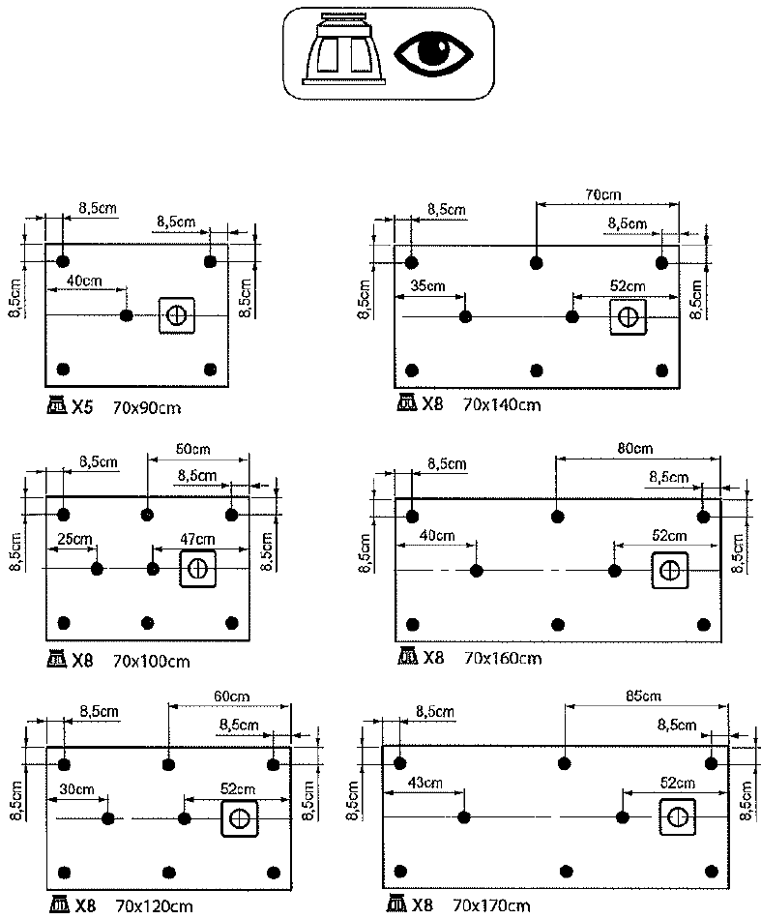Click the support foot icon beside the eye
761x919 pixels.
(x=344, y=49)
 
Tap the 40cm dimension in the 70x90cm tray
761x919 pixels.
(x=84, y=281)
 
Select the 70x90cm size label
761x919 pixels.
(x=146, y=408)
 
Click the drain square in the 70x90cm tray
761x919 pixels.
(x=176, y=315)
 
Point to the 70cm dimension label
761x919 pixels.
(x=602, y=194)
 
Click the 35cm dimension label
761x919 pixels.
(x=427, y=286)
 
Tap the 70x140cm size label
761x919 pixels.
(x=502, y=405)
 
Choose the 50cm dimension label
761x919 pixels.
(x=192, y=450)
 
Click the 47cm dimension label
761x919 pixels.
(x=197, y=539)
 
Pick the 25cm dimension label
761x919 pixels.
(x=74, y=539)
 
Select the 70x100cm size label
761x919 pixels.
(x=151, y=662)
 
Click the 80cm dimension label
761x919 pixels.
(x=635, y=448)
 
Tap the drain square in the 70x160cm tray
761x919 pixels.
(x=669, y=571)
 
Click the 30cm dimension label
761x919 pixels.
(x=76, y=789)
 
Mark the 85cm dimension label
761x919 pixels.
(x=643, y=696)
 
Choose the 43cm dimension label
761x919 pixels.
(x=424, y=783)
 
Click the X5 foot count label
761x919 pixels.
(x=82, y=407)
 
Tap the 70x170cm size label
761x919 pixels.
(x=491, y=906)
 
